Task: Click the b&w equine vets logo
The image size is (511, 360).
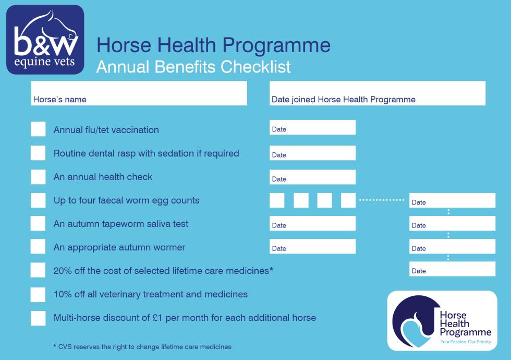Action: click(45, 40)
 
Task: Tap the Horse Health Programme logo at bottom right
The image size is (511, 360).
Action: click(442, 320)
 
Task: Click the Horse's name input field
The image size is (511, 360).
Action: click(139, 93)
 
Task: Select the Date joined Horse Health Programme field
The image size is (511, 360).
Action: click(377, 93)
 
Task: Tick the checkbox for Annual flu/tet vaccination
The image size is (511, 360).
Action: click(38, 129)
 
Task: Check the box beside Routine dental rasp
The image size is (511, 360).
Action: click(38, 153)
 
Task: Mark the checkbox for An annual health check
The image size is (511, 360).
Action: click(38, 177)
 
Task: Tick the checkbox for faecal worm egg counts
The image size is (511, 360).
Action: click(38, 200)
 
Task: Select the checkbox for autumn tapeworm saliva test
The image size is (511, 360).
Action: click(38, 224)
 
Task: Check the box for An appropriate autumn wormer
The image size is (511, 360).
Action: click(38, 247)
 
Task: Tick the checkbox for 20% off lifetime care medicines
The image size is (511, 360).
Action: click(38, 271)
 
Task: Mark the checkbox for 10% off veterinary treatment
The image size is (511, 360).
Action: click(38, 294)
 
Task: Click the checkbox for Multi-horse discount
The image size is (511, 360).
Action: click(38, 318)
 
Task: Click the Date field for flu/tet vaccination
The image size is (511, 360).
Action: click(312, 128)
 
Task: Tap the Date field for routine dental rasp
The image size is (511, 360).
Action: click(312, 153)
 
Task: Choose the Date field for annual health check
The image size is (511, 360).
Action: click(312, 177)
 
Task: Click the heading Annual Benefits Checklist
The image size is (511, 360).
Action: click(193, 67)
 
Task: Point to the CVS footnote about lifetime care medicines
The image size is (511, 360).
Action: click(142, 346)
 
